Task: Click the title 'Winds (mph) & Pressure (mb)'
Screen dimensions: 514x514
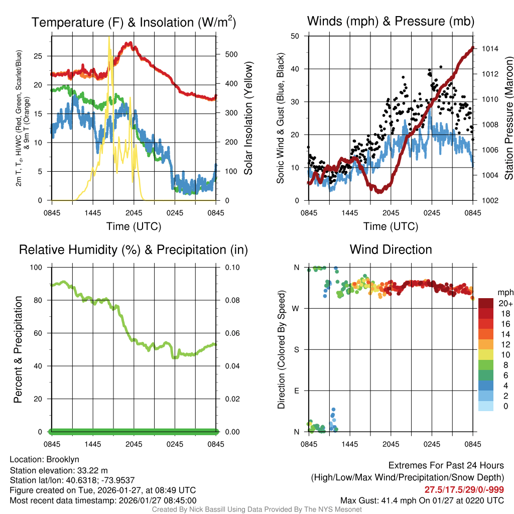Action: click(391, 22)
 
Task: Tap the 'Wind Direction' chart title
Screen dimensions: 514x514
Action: click(391, 249)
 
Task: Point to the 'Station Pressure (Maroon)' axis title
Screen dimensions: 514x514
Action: click(508, 118)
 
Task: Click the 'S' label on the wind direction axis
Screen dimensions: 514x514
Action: click(296, 349)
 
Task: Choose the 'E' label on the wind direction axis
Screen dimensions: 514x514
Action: click(296, 391)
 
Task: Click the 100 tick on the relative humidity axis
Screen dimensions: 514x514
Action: click(37, 267)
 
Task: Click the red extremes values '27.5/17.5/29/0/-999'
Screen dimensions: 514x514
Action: click(464, 489)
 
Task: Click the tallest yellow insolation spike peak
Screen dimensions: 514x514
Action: click(109, 38)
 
